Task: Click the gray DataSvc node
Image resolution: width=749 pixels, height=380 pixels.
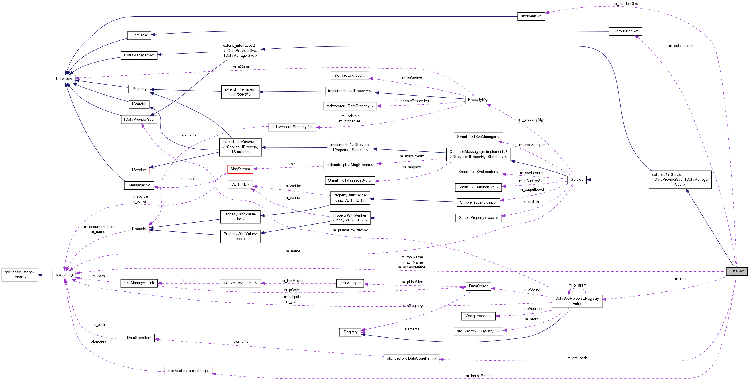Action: [x=736, y=271]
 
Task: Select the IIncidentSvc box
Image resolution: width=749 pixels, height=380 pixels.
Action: [x=531, y=16]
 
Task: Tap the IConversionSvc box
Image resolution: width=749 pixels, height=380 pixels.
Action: [x=625, y=31]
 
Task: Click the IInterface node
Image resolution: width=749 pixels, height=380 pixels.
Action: [x=64, y=79]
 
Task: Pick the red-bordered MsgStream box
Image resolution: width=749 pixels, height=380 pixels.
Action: [x=240, y=169]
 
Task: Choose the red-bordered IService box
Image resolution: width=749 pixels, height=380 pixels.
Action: [x=139, y=170]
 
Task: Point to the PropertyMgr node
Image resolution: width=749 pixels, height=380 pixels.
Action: [x=478, y=100]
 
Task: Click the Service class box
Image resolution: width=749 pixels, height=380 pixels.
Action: [x=577, y=180]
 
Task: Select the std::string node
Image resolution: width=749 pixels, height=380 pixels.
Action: [x=64, y=275]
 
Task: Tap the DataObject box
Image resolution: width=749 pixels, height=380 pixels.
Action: [x=478, y=286]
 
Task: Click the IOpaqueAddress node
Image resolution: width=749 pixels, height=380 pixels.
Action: [x=478, y=316]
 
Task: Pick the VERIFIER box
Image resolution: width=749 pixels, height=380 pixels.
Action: [x=240, y=184]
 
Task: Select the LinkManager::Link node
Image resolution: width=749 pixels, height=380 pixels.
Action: [x=139, y=283]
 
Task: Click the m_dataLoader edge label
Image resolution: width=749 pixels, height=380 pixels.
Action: [x=680, y=46]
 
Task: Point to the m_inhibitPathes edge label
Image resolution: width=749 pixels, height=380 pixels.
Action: [x=479, y=376]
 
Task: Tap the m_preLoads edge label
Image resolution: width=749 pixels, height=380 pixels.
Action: [x=577, y=358]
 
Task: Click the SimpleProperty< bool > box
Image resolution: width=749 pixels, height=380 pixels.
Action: [x=478, y=218]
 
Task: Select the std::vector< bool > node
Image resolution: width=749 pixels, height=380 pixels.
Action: [x=350, y=76]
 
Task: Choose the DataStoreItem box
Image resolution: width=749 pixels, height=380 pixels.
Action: [x=139, y=338]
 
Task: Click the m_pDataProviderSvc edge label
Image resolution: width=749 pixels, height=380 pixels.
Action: [x=350, y=230]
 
